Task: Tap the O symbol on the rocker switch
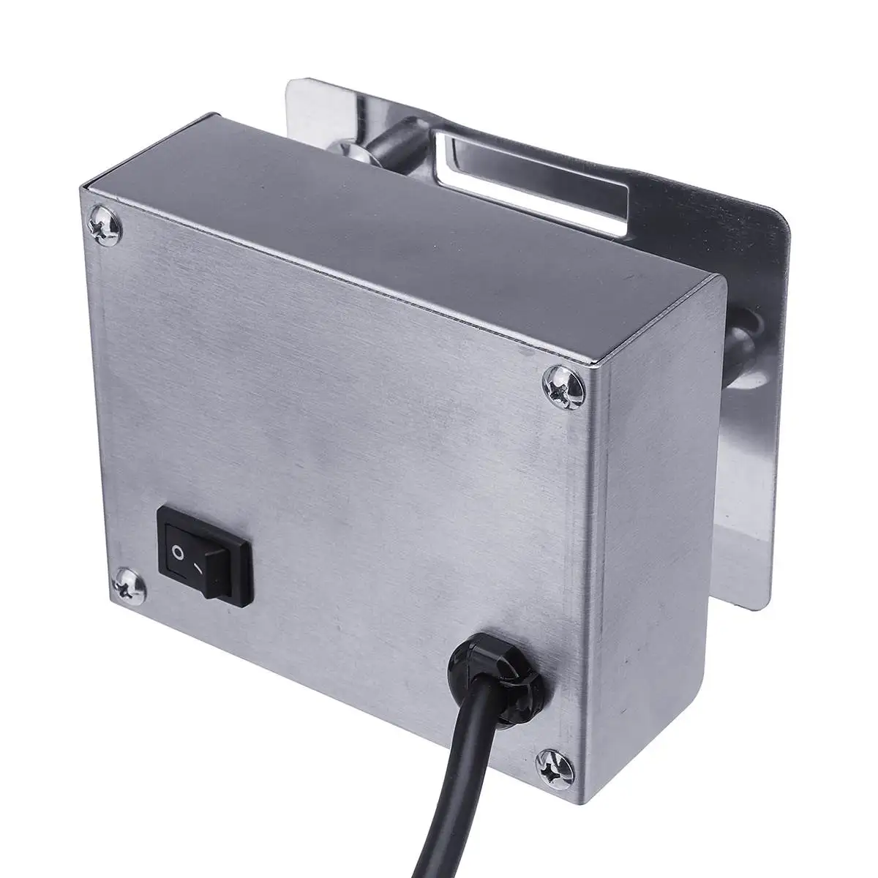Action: pyautogui.click(x=177, y=549)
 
